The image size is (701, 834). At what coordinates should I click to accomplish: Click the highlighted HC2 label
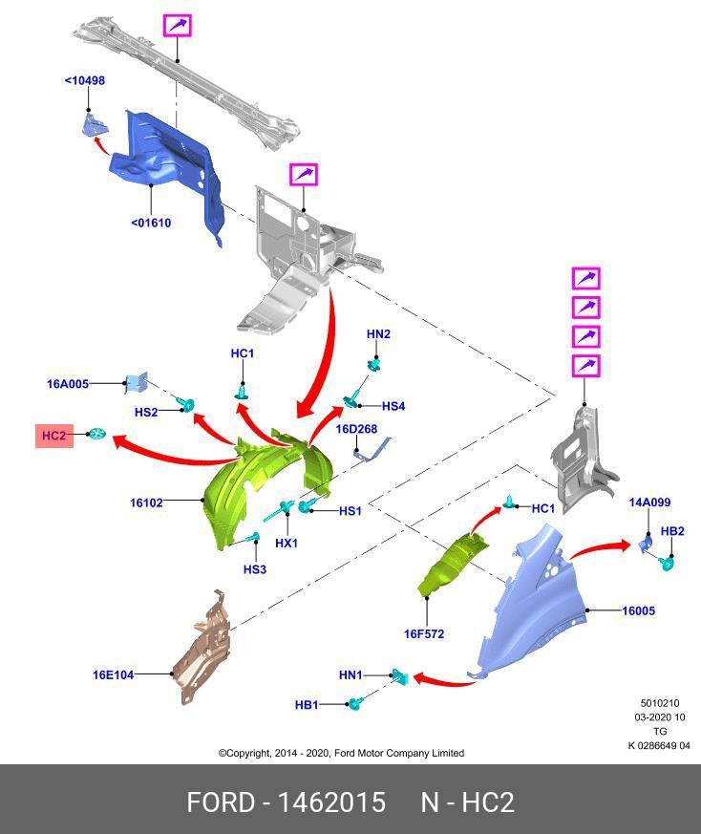click(53, 437)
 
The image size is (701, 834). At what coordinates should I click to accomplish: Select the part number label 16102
click(146, 502)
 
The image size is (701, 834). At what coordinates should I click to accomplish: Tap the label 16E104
click(113, 674)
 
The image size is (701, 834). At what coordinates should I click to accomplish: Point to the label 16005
click(638, 610)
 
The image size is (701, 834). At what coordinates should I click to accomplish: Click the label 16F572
click(423, 633)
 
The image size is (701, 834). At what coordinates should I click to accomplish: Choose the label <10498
click(85, 80)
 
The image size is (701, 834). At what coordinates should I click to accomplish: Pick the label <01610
click(151, 223)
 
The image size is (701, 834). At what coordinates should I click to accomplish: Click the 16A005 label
click(68, 384)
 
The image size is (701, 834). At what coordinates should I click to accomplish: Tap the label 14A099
click(649, 503)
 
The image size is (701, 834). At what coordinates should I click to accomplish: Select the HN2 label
click(378, 334)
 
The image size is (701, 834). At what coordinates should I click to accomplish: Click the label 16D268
click(356, 429)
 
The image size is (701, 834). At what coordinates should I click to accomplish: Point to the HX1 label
click(287, 543)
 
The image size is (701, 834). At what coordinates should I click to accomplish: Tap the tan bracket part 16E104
click(202, 650)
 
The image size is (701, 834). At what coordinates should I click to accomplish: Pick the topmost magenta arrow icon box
click(177, 25)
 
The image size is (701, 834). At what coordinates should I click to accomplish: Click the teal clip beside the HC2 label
click(96, 435)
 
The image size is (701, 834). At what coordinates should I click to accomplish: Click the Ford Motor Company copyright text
click(341, 753)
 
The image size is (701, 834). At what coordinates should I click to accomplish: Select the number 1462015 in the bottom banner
click(331, 802)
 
